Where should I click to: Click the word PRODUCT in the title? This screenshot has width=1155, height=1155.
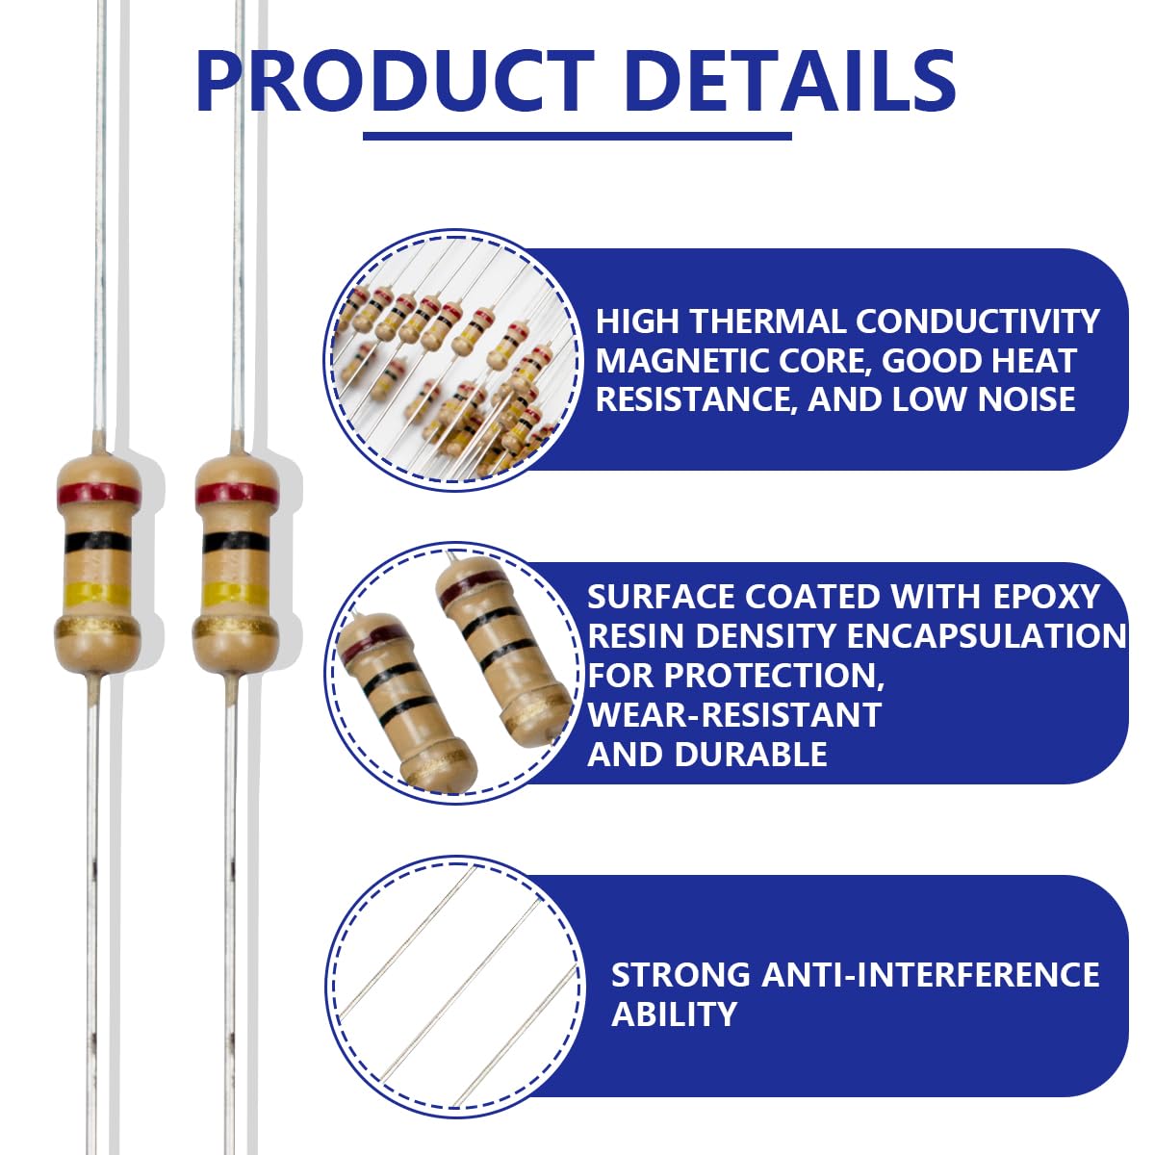(x=396, y=82)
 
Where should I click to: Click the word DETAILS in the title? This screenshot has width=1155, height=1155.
(x=793, y=82)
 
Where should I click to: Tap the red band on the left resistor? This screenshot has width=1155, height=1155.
(x=99, y=494)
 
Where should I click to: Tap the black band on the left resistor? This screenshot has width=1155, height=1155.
(x=98, y=542)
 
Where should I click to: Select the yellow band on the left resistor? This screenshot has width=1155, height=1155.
(x=98, y=593)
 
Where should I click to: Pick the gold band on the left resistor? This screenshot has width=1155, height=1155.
(x=98, y=629)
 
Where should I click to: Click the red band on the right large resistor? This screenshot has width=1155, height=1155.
(x=237, y=494)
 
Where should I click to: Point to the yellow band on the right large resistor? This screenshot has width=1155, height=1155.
(x=234, y=593)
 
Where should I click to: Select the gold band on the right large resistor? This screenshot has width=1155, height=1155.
(x=236, y=629)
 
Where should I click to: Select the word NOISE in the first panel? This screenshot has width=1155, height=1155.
(x=1026, y=399)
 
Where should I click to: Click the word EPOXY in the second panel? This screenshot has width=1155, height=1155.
(x=1046, y=597)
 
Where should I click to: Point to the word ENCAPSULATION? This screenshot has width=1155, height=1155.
(x=987, y=636)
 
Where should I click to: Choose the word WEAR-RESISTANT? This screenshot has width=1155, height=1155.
(x=734, y=714)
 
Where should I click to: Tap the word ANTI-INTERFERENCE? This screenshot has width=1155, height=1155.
(x=931, y=975)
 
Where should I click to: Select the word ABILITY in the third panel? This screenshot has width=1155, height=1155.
(x=675, y=1014)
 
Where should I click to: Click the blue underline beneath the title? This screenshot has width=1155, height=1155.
(x=577, y=136)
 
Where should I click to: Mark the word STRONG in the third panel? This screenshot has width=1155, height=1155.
(x=681, y=975)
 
